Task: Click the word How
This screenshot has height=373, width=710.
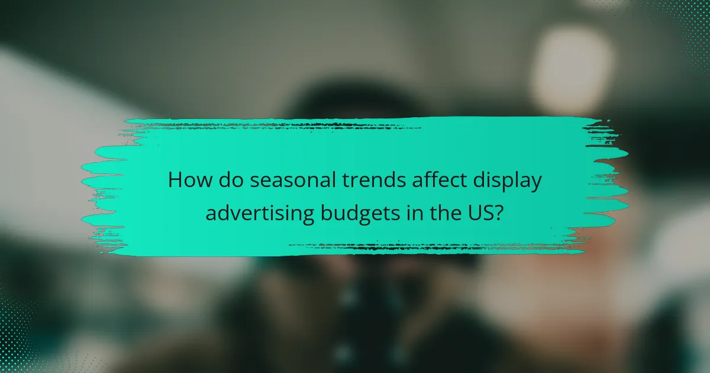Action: click(188, 180)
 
